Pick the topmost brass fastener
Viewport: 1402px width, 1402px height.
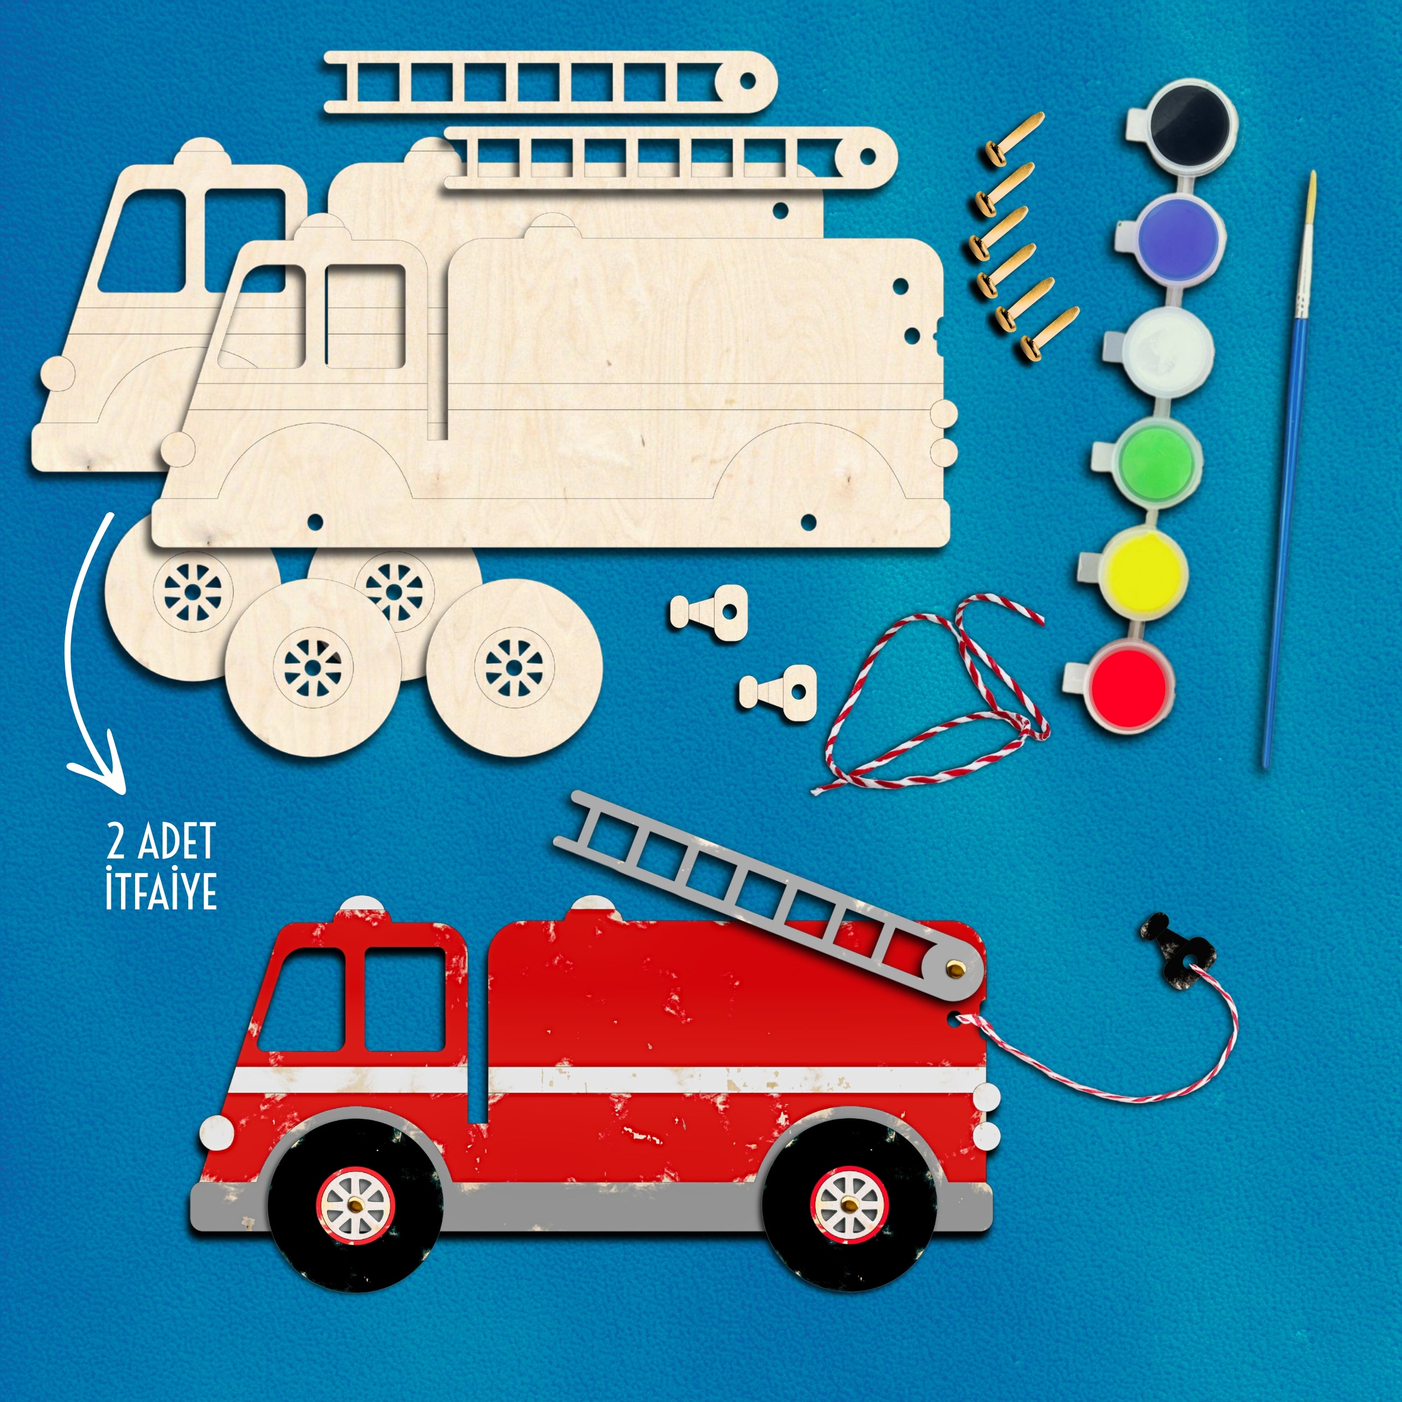click(1012, 134)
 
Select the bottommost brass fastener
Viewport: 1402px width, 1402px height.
click(1049, 333)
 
